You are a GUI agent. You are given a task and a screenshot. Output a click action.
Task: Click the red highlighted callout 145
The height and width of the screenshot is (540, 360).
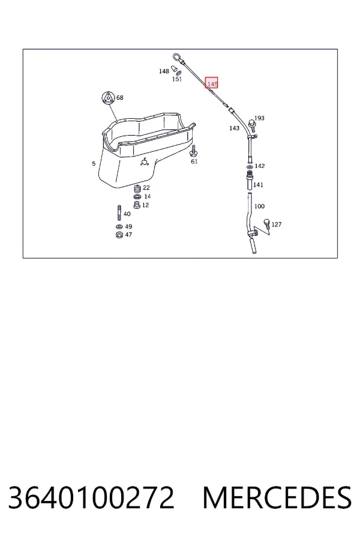[x=212, y=83]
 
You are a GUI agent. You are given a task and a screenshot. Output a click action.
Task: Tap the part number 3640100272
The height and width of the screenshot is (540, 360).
[x=91, y=497]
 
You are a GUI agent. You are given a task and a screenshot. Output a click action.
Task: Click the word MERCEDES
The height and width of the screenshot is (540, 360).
[x=277, y=497]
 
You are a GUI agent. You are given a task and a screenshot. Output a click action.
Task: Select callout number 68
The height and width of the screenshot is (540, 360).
[x=119, y=97]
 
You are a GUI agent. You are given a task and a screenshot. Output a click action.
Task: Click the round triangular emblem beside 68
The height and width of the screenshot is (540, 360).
[x=107, y=98]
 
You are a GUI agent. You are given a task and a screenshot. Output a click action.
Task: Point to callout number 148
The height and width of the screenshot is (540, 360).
[x=164, y=71]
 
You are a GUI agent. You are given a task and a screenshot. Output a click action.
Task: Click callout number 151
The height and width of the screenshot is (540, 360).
[x=177, y=79]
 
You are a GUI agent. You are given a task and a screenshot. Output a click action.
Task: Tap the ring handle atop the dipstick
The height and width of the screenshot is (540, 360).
[x=177, y=57]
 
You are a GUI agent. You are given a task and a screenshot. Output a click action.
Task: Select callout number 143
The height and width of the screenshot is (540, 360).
[x=234, y=128]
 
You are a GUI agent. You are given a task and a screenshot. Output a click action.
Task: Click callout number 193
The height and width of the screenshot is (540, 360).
[x=259, y=118]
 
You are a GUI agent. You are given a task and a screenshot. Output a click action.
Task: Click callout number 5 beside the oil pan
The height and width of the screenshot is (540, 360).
[x=94, y=164]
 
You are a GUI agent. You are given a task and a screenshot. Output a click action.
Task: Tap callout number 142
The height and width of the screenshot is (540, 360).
[x=260, y=166]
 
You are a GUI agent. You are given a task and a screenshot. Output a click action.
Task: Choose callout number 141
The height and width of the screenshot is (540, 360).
[x=258, y=185]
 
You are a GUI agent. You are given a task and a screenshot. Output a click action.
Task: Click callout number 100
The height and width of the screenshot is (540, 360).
[x=259, y=206]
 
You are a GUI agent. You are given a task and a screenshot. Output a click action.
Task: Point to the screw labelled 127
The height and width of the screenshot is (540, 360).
[x=266, y=223]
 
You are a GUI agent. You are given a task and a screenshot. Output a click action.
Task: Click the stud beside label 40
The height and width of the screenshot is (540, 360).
[x=119, y=213]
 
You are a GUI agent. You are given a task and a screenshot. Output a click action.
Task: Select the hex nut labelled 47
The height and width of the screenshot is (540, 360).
[x=119, y=235]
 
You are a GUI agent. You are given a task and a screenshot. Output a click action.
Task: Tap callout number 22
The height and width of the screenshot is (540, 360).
[x=146, y=188]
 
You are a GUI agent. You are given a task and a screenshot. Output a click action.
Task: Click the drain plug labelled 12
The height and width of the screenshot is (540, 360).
[x=137, y=205]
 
